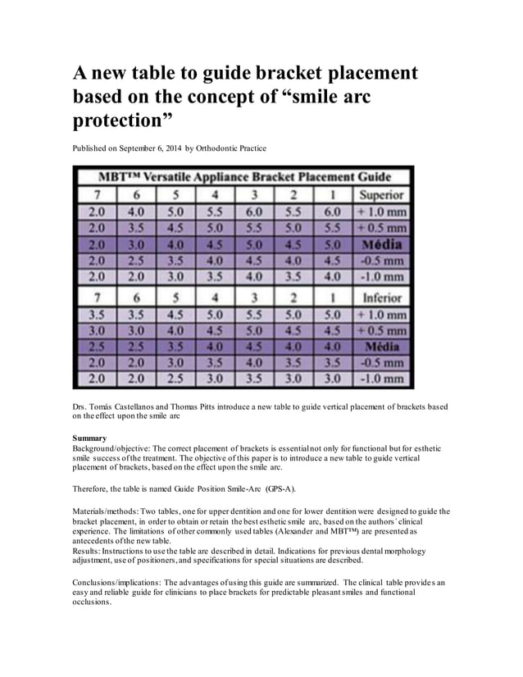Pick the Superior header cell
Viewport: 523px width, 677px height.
click(381, 194)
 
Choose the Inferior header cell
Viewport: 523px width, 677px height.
click(381, 298)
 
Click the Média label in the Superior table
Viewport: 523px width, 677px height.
click(381, 245)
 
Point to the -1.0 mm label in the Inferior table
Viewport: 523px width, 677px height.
click(381, 379)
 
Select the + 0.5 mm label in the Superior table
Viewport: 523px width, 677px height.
click(381, 227)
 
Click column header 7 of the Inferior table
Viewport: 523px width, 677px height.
click(97, 298)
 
